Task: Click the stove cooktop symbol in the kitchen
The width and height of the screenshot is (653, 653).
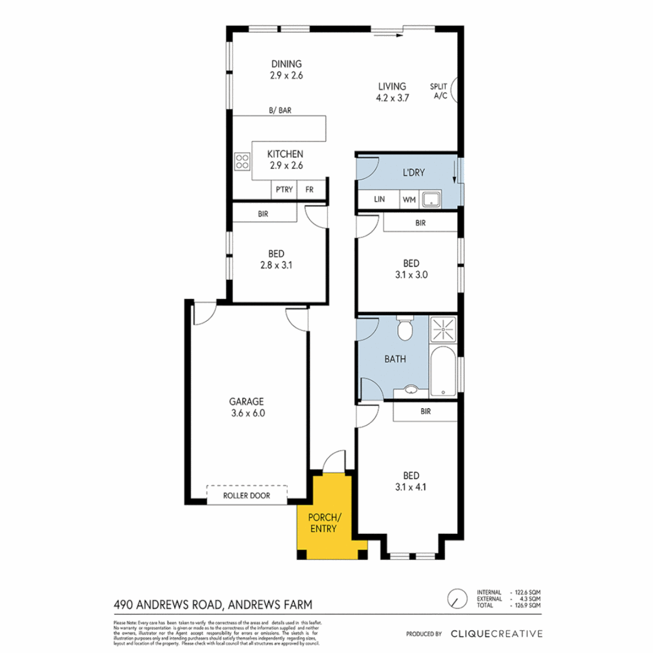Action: [x=242, y=161]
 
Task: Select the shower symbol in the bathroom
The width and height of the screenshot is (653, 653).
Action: [x=443, y=330]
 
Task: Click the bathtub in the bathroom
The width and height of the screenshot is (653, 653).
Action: [x=444, y=371]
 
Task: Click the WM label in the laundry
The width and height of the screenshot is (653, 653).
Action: [x=409, y=200]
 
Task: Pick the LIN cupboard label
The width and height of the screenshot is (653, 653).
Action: [x=379, y=200]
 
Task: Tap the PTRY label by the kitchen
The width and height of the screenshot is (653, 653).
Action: [x=284, y=189]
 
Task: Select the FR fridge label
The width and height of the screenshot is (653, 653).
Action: [x=310, y=189]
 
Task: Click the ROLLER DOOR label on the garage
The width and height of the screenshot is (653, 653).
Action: [x=247, y=496]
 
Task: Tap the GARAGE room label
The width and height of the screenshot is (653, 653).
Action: [x=246, y=401]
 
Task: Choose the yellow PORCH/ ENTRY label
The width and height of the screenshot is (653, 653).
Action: [x=324, y=523]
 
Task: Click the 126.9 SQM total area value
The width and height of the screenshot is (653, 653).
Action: [x=527, y=605]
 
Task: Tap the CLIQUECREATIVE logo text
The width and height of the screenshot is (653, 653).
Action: [x=496, y=634]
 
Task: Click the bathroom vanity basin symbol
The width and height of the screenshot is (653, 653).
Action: [x=412, y=390]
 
